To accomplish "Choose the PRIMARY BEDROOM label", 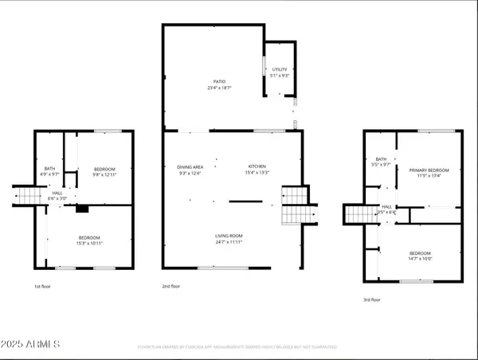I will pyautogui.click(x=429, y=170).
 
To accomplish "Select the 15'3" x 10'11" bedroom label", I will pyautogui.click(x=89, y=238).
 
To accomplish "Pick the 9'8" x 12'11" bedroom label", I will pyautogui.click(x=104, y=169).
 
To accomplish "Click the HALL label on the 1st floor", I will pyautogui.click(x=58, y=194).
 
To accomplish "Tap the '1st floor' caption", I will pyautogui.click(x=43, y=286).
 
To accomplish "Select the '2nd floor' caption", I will pyautogui.click(x=170, y=286).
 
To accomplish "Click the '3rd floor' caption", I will pyautogui.click(x=371, y=300).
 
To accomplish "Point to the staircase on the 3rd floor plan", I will pyautogui.click(x=358, y=214).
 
